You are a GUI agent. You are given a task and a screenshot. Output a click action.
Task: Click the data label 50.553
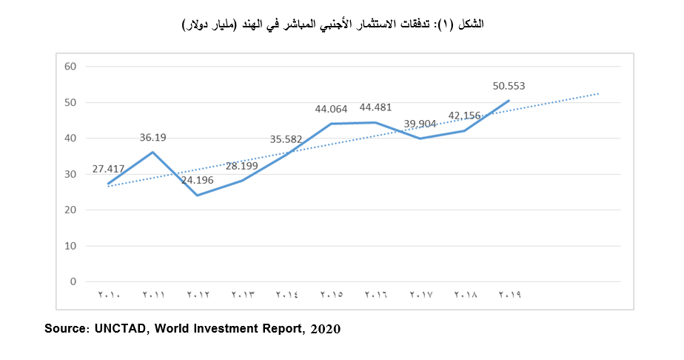(509, 86)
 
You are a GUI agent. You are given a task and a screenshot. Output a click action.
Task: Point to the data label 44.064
(331, 109)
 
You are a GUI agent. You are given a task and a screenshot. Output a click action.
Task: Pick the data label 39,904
(420, 124)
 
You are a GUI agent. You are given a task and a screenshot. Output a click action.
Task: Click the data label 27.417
(108, 169)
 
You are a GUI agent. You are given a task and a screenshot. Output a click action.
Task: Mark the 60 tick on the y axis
(71, 67)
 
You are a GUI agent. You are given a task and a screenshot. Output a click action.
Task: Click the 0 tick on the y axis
(74, 282)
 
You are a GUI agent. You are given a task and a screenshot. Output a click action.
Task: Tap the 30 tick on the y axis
(71, 174)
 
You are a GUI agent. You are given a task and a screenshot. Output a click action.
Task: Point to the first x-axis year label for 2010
(109, 295)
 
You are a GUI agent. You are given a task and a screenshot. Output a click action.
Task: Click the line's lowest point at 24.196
(198, 196)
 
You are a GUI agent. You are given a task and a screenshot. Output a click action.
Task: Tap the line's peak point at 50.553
(509, 100)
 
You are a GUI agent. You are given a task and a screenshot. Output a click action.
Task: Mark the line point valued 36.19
(153, 152)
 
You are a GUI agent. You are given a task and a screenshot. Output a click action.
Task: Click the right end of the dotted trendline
(597, 93)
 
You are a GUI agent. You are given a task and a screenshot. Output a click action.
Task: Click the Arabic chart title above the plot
(333, 24)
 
